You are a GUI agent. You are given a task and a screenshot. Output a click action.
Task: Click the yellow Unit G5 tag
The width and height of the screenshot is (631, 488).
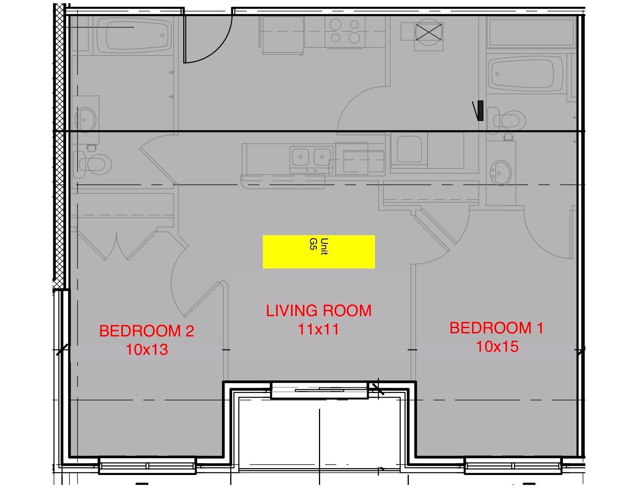point(319,251)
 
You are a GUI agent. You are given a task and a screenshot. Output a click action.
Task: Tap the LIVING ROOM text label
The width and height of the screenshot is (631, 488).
point(319,310)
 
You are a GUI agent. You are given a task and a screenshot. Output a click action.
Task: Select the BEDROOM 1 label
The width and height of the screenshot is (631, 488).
point(496,328)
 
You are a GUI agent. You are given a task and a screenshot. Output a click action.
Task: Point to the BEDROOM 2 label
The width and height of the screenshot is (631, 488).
point(146,331)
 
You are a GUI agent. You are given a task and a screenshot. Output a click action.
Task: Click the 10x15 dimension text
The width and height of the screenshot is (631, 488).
point(497,346)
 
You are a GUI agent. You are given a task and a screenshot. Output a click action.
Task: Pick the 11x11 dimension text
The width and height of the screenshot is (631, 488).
point(319,329)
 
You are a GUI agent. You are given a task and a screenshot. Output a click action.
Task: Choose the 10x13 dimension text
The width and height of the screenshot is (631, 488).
point(147,349)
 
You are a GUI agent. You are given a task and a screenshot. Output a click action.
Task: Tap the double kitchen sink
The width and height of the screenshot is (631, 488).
point(311,157)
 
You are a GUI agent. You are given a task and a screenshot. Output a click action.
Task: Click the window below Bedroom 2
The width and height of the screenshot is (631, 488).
point(147,466)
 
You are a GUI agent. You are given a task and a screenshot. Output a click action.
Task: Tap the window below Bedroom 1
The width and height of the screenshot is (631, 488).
point(513,466)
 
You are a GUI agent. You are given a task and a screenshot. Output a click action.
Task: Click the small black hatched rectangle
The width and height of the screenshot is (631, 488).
point(480,110)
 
